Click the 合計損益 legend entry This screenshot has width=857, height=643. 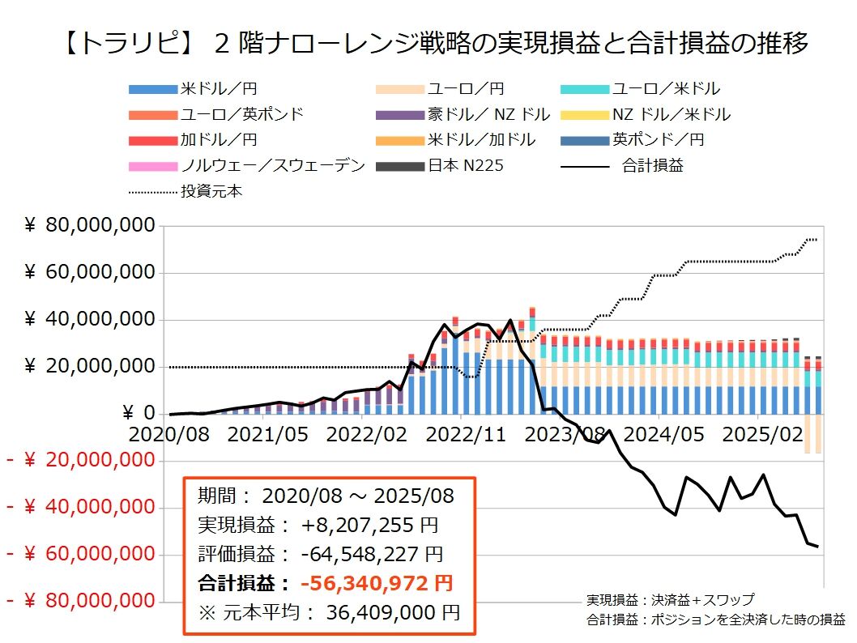coord(652,165)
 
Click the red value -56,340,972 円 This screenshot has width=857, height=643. coord(377,583)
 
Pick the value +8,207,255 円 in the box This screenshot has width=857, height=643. coord(370,526)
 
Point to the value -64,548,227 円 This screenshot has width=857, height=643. coord(372,555)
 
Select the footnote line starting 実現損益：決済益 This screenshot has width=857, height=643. coord(670,600)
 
